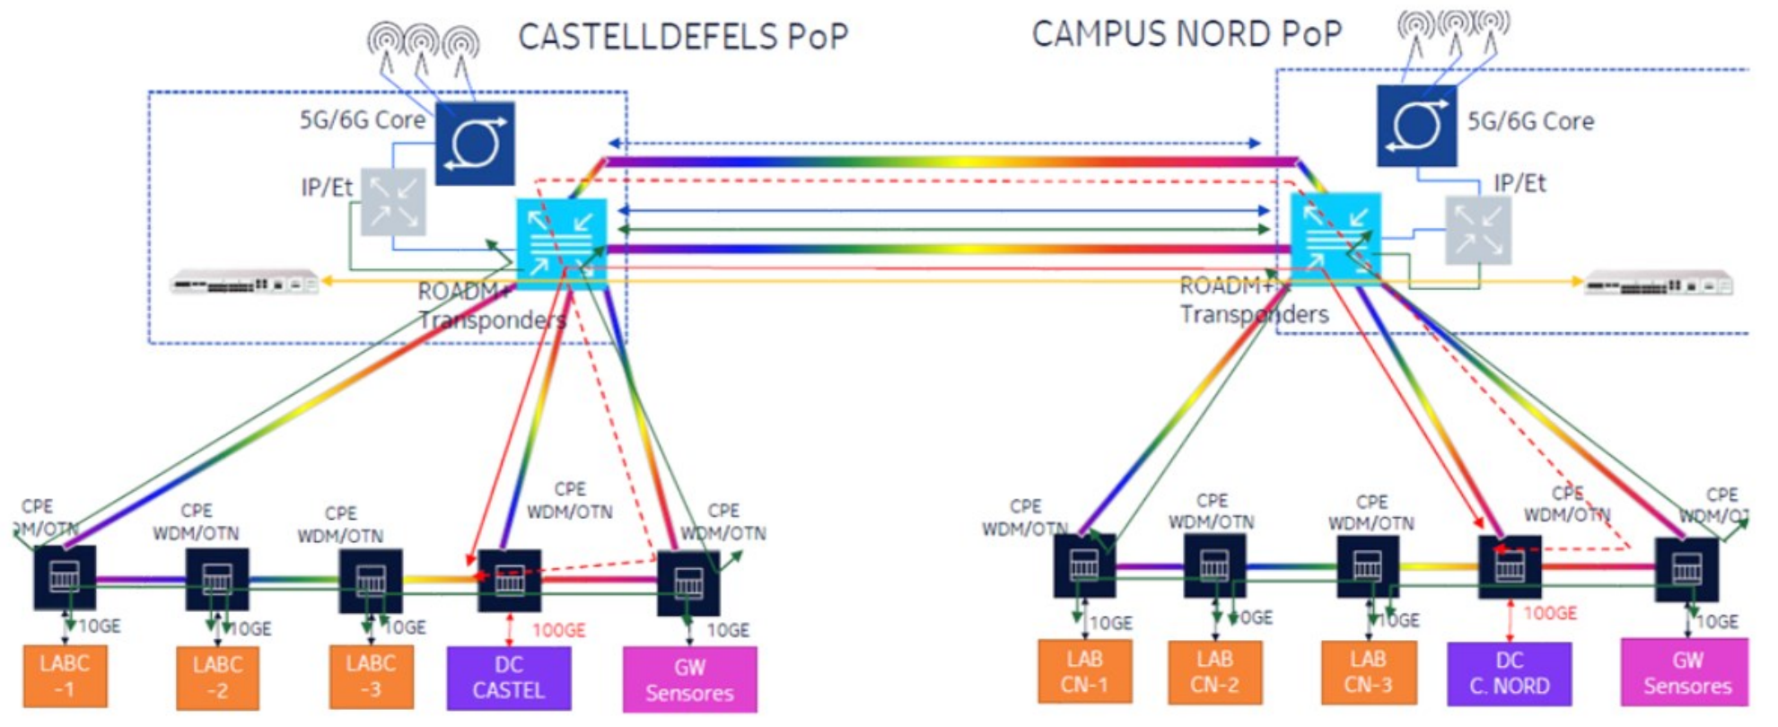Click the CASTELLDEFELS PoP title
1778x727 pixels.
click(x=683, y=37)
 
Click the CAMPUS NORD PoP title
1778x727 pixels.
click(x=1187, y=34)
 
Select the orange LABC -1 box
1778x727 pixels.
click(x=65, y=676)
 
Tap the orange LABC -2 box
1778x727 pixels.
click(x=217, y=678)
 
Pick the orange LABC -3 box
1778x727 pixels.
click(x=371, y=676)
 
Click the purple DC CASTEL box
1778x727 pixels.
click(x=508, y=678)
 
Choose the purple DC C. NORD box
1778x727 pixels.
click(x=1509, y=673)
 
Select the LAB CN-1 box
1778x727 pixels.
click(x=1084, y=671)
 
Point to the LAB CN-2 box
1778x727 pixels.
click(x=1214, y=671)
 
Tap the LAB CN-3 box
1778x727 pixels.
click(x=1368, y=671)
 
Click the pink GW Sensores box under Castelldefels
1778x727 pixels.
click(x=689, y=679)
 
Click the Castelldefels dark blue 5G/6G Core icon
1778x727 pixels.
click(x=475, y=144)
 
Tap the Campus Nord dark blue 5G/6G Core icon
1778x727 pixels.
click(x=1416, y=126)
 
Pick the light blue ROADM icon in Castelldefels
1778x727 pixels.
click(x=561, y=243)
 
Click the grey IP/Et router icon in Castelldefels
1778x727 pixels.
click(x=393, y=202)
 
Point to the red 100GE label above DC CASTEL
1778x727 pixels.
click(x=558, y=630)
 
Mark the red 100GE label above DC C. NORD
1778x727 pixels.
click(x=1550, y=613)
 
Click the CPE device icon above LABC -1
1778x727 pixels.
click(x=65, y=577)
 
